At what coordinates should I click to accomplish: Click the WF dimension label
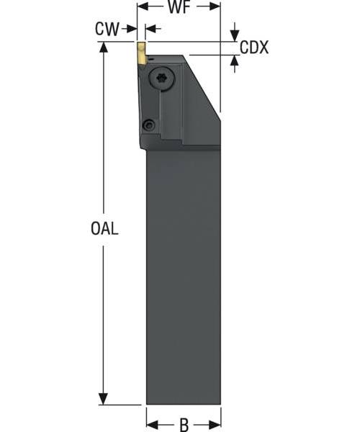click(179, 7)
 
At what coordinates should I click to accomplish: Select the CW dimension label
click(107, 29)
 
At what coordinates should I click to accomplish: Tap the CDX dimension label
click(254, 48)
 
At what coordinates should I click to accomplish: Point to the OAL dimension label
click(104, 228)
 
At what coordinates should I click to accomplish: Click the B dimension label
click(184, 425)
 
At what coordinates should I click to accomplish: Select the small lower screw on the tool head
click(149, 125)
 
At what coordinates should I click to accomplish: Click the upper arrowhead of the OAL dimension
click(103, 47)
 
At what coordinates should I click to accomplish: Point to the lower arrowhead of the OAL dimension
click(103, 400)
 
